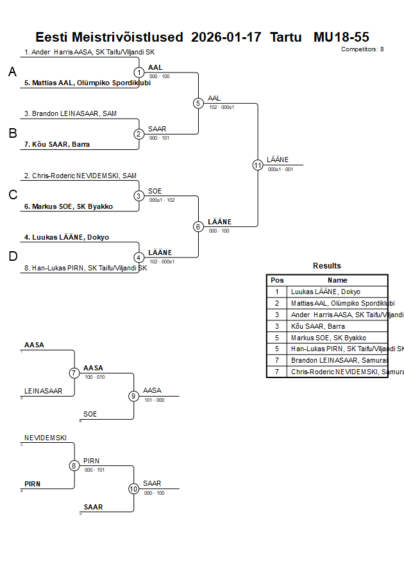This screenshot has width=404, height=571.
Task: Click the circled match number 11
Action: (x=258, y=165)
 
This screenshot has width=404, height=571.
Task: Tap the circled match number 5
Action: (x=199, y=103)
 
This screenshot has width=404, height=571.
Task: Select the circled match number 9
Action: (x=134, y=396)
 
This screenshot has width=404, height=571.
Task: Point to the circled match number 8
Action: (x=74, y=466)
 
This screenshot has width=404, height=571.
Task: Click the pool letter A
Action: (x=12, y=72)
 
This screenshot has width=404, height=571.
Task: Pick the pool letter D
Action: (x=12, y=256)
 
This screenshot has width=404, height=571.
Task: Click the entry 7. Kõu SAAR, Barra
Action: (x=57, y=144)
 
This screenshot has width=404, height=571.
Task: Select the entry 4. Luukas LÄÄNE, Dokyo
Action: (x=67, y=237)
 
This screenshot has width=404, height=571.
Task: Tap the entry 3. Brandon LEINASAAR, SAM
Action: (x=71, y=113)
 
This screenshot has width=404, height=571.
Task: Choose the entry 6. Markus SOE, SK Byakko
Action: (x=69, y=206)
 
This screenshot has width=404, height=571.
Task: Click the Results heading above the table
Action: (x=327, y=266)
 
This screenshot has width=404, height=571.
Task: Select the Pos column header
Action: (x=277, y=280)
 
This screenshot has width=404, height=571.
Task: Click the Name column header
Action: (x=337, y=280)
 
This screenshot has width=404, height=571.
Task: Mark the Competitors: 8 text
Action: (x=362, y=49)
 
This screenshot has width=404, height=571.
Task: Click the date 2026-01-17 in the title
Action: (x=226, y=37)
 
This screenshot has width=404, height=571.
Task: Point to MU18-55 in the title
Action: (x=341, y=37)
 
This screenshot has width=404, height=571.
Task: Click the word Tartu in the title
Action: (x=287, y=37)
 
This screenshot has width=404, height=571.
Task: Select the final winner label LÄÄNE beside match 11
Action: (x=278, y=160)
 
